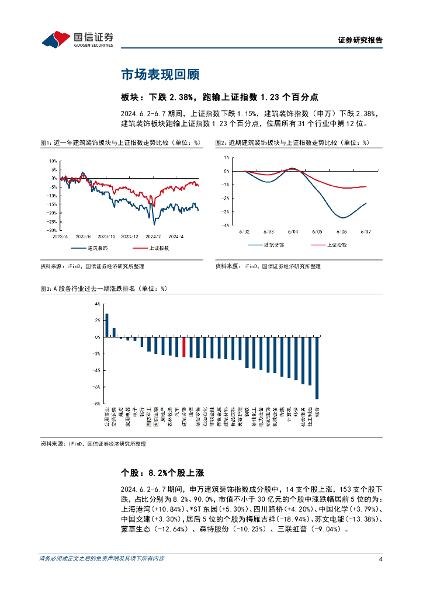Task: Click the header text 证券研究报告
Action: (x=360, y=40)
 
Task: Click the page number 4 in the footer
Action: (x=380, y=559)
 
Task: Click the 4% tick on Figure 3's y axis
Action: (x=97, y=304)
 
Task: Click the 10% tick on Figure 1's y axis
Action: (x=53, y=161)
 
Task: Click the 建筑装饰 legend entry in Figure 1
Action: (x=96, y=248)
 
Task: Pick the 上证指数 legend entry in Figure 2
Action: (x=334, y=245)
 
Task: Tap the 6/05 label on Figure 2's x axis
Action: (x=318, y=232)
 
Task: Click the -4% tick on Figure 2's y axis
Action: (x=226, y=225)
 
